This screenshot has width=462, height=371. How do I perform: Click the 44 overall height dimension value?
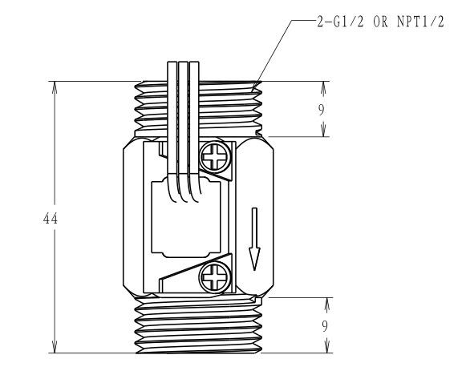click(51, 219)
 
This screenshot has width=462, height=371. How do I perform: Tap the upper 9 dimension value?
click(321, 110)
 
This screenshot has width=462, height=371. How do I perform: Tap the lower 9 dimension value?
click(324, 326)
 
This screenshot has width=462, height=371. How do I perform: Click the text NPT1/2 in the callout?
click(420, 22)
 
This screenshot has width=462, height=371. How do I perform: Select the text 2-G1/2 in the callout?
click(340, 22)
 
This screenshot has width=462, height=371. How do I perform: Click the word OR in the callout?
click(380, 22)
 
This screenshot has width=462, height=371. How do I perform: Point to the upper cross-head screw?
click(215, 156)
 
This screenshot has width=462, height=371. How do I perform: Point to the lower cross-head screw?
click(215, 276)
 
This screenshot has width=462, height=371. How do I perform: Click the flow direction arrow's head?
click(254, 259)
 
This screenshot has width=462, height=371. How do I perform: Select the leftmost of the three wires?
click(172, 130)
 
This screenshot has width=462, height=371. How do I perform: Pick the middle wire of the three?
click(183, 130)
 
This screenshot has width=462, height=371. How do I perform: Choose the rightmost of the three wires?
click(194, 130)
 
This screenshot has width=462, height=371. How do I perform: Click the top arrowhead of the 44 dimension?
click(55, 87)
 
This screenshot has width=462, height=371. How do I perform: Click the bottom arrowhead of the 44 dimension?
click(55, 347)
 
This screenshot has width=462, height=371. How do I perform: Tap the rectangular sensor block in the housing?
click(186, 218)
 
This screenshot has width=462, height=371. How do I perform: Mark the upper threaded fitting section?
click(198, 109)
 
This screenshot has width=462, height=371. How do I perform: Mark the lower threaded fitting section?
click(198, 325)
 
